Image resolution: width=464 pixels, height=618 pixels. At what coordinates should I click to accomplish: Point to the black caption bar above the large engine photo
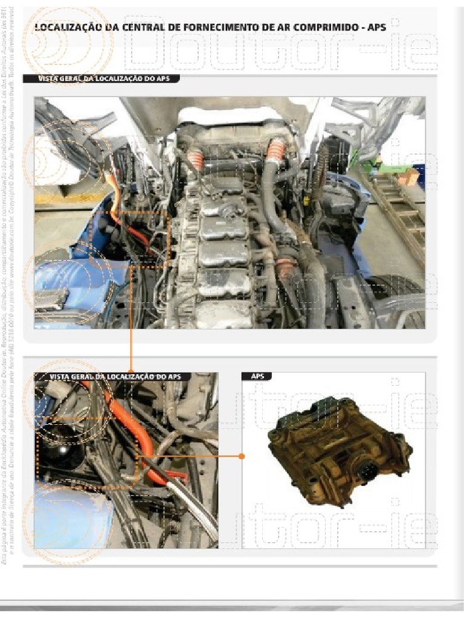point(101,78)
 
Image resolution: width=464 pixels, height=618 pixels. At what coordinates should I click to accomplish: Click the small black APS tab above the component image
point(257,377)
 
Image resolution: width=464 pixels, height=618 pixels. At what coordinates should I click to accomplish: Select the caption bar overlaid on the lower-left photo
point(112,377)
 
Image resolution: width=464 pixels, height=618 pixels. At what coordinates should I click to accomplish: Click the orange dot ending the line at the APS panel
point(242,457)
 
